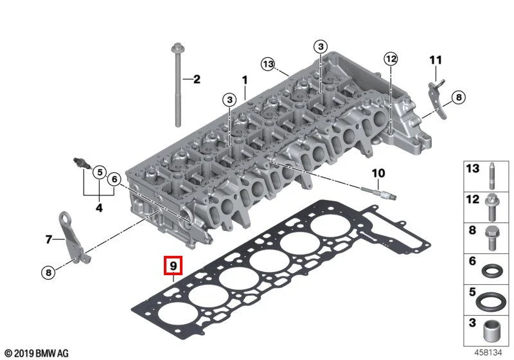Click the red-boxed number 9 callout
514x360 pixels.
point(173,265)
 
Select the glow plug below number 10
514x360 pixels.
point(378,193)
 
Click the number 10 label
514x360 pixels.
point(378,173)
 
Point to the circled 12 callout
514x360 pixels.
point(391,59)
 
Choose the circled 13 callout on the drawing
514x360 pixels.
point(268,64)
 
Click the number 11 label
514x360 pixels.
point(436,60)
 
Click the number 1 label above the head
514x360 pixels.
point(245,80)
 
